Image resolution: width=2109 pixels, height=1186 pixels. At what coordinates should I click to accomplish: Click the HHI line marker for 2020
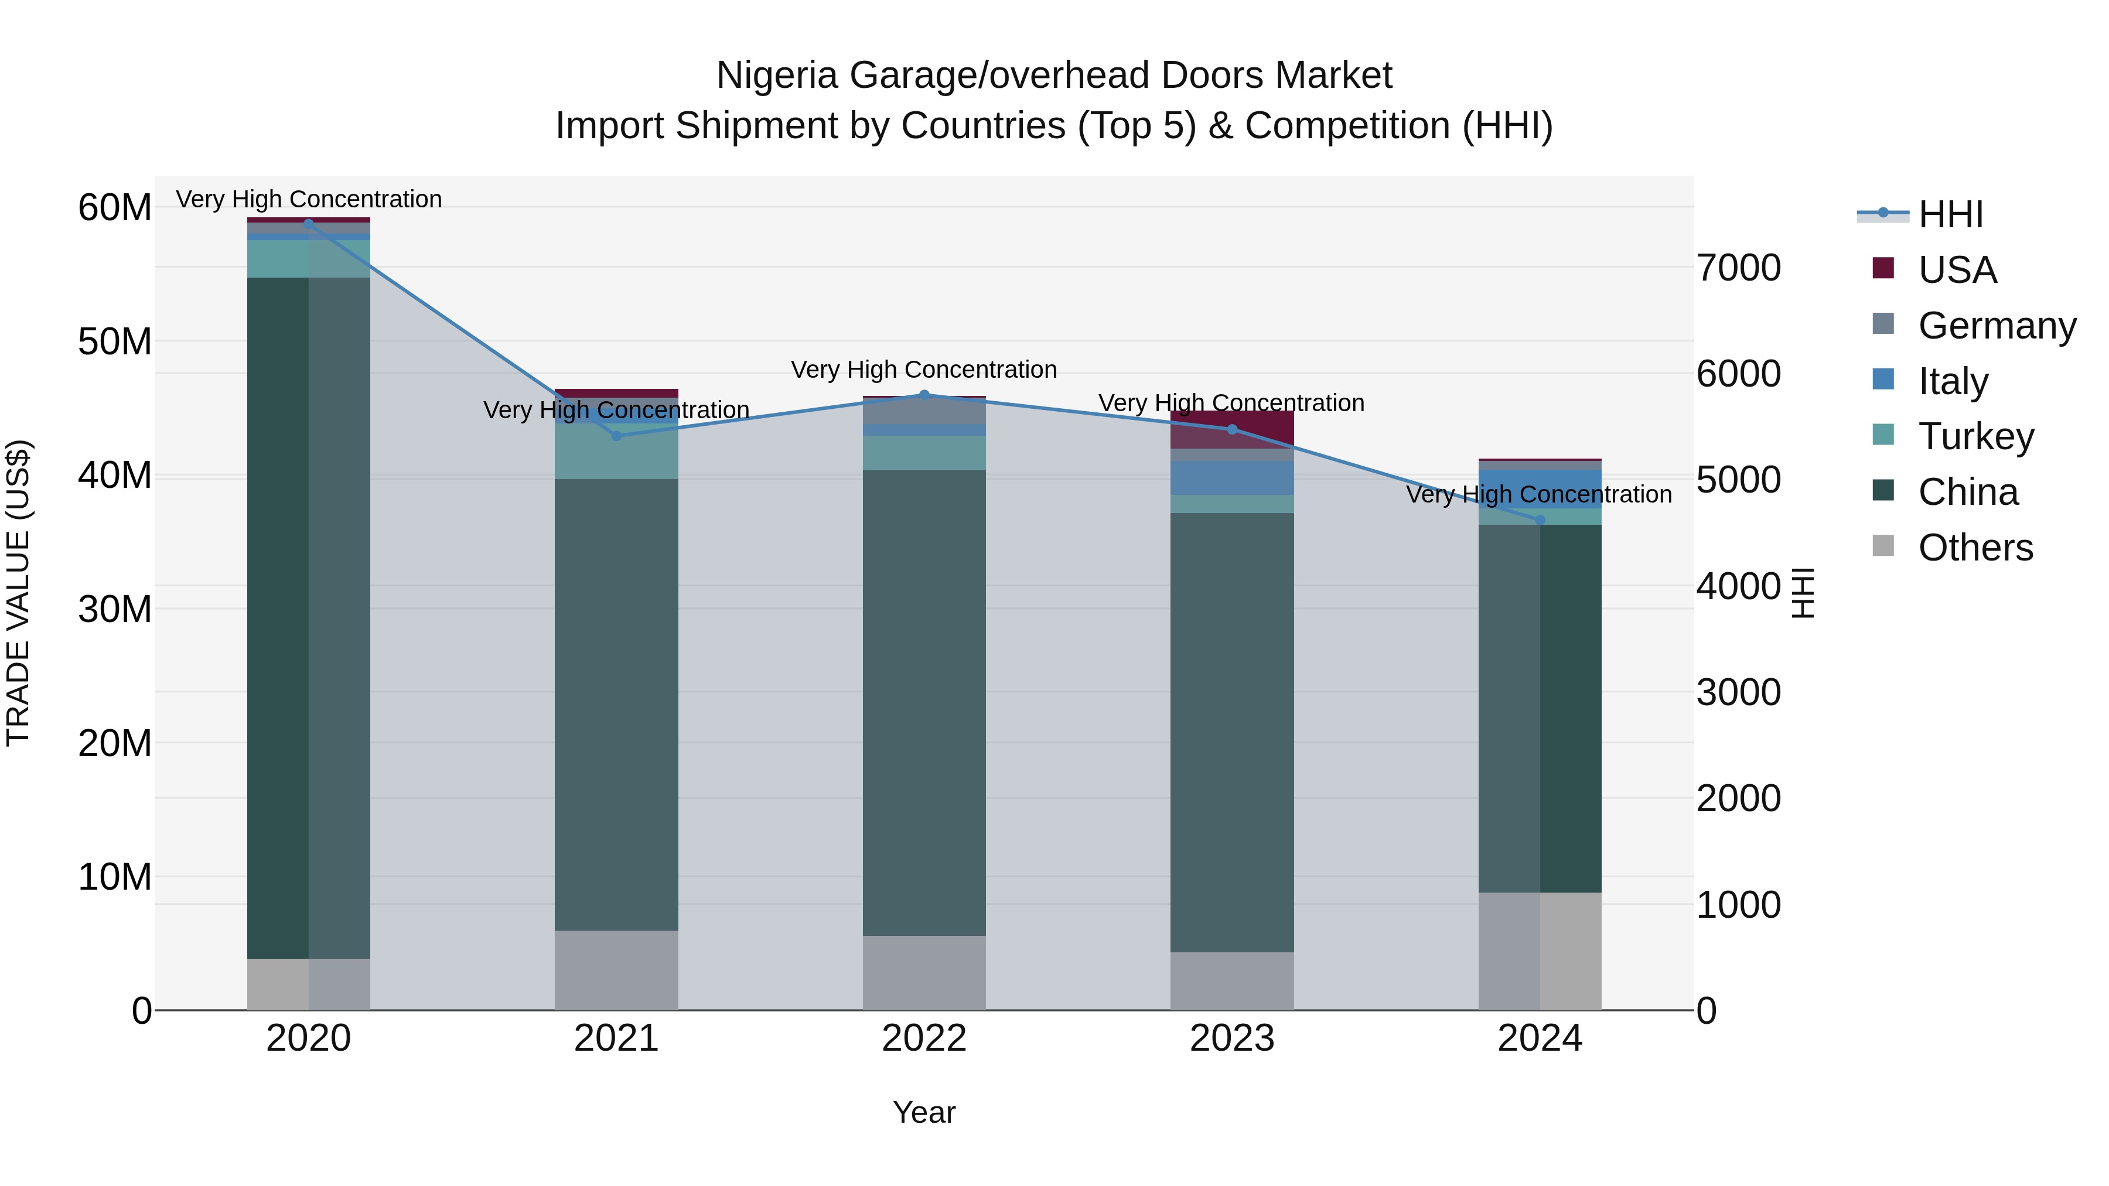tap(309, 224)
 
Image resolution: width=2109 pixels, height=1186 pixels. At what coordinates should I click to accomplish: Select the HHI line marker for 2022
tap(924, 395)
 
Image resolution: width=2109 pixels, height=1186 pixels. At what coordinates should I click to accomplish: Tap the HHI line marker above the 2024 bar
tap(1540, 519)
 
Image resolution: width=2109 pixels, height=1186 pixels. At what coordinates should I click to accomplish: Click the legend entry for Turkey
tap(1975, 436)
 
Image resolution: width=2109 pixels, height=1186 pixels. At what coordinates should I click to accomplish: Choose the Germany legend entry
tap(1996, 325)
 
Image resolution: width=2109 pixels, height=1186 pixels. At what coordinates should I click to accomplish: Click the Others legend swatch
tap(1883, 546)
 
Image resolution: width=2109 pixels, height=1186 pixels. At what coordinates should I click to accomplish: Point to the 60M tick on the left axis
tap(115, 207)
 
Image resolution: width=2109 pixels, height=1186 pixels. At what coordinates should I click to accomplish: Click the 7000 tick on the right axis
tap(1738, 268)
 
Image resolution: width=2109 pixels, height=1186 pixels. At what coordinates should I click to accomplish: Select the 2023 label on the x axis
tap(1231, 1038)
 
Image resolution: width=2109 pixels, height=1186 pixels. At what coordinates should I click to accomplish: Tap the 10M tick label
tap(115, 877)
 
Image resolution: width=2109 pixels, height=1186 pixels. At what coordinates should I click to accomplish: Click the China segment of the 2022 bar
tap(924, 702)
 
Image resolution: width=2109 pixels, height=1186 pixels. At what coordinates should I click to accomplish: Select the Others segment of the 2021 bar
tap(616, 970)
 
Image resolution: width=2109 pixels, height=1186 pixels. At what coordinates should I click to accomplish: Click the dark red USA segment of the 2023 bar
tap(1231, 429)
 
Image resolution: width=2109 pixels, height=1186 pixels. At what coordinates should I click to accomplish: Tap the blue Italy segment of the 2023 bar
tap(1231, 478)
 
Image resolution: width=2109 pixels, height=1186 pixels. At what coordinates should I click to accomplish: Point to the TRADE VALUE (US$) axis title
tap(18, 593)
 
